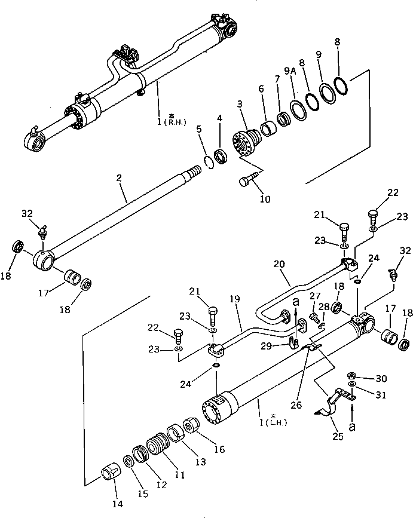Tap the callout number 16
pyautogui.click(x=219, y=449)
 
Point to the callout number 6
pyautogui.click(x=261, y=88)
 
